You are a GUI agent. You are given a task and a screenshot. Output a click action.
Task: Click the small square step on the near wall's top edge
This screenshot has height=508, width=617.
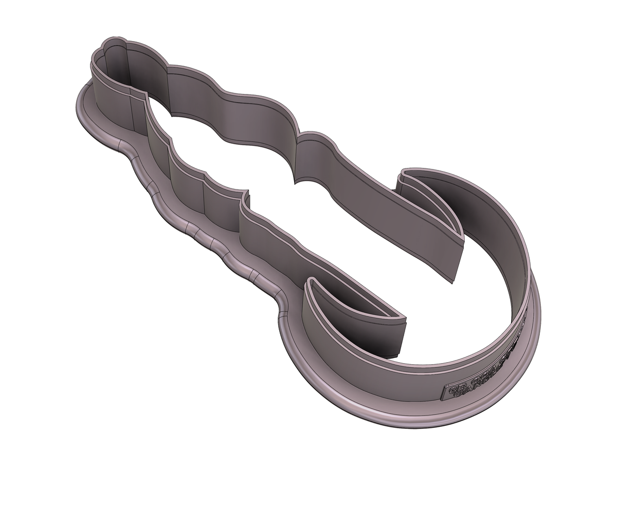[x=246, y=198]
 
